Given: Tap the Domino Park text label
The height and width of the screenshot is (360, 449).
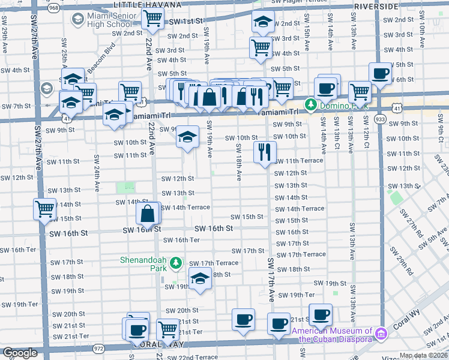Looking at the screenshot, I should (340, 106).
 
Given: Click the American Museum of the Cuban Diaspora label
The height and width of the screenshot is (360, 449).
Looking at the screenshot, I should (331, 334).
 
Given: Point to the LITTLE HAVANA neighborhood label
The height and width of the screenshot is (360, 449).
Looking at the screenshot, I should (147, 5).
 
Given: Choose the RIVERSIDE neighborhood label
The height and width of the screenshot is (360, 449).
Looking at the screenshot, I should (376, 5).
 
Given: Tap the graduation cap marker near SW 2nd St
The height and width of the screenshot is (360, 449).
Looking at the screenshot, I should (262, 22).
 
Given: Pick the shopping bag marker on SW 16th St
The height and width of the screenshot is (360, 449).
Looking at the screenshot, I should (148, 213).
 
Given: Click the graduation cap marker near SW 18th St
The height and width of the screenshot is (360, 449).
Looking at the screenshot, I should (200, 278).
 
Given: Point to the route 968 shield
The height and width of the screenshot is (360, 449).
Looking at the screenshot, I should (53, 7).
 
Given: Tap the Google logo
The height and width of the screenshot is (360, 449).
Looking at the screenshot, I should (20, 353).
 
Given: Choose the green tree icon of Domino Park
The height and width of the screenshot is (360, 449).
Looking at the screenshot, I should (310, 106).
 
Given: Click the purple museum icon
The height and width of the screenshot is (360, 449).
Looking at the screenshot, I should (380, 334).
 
